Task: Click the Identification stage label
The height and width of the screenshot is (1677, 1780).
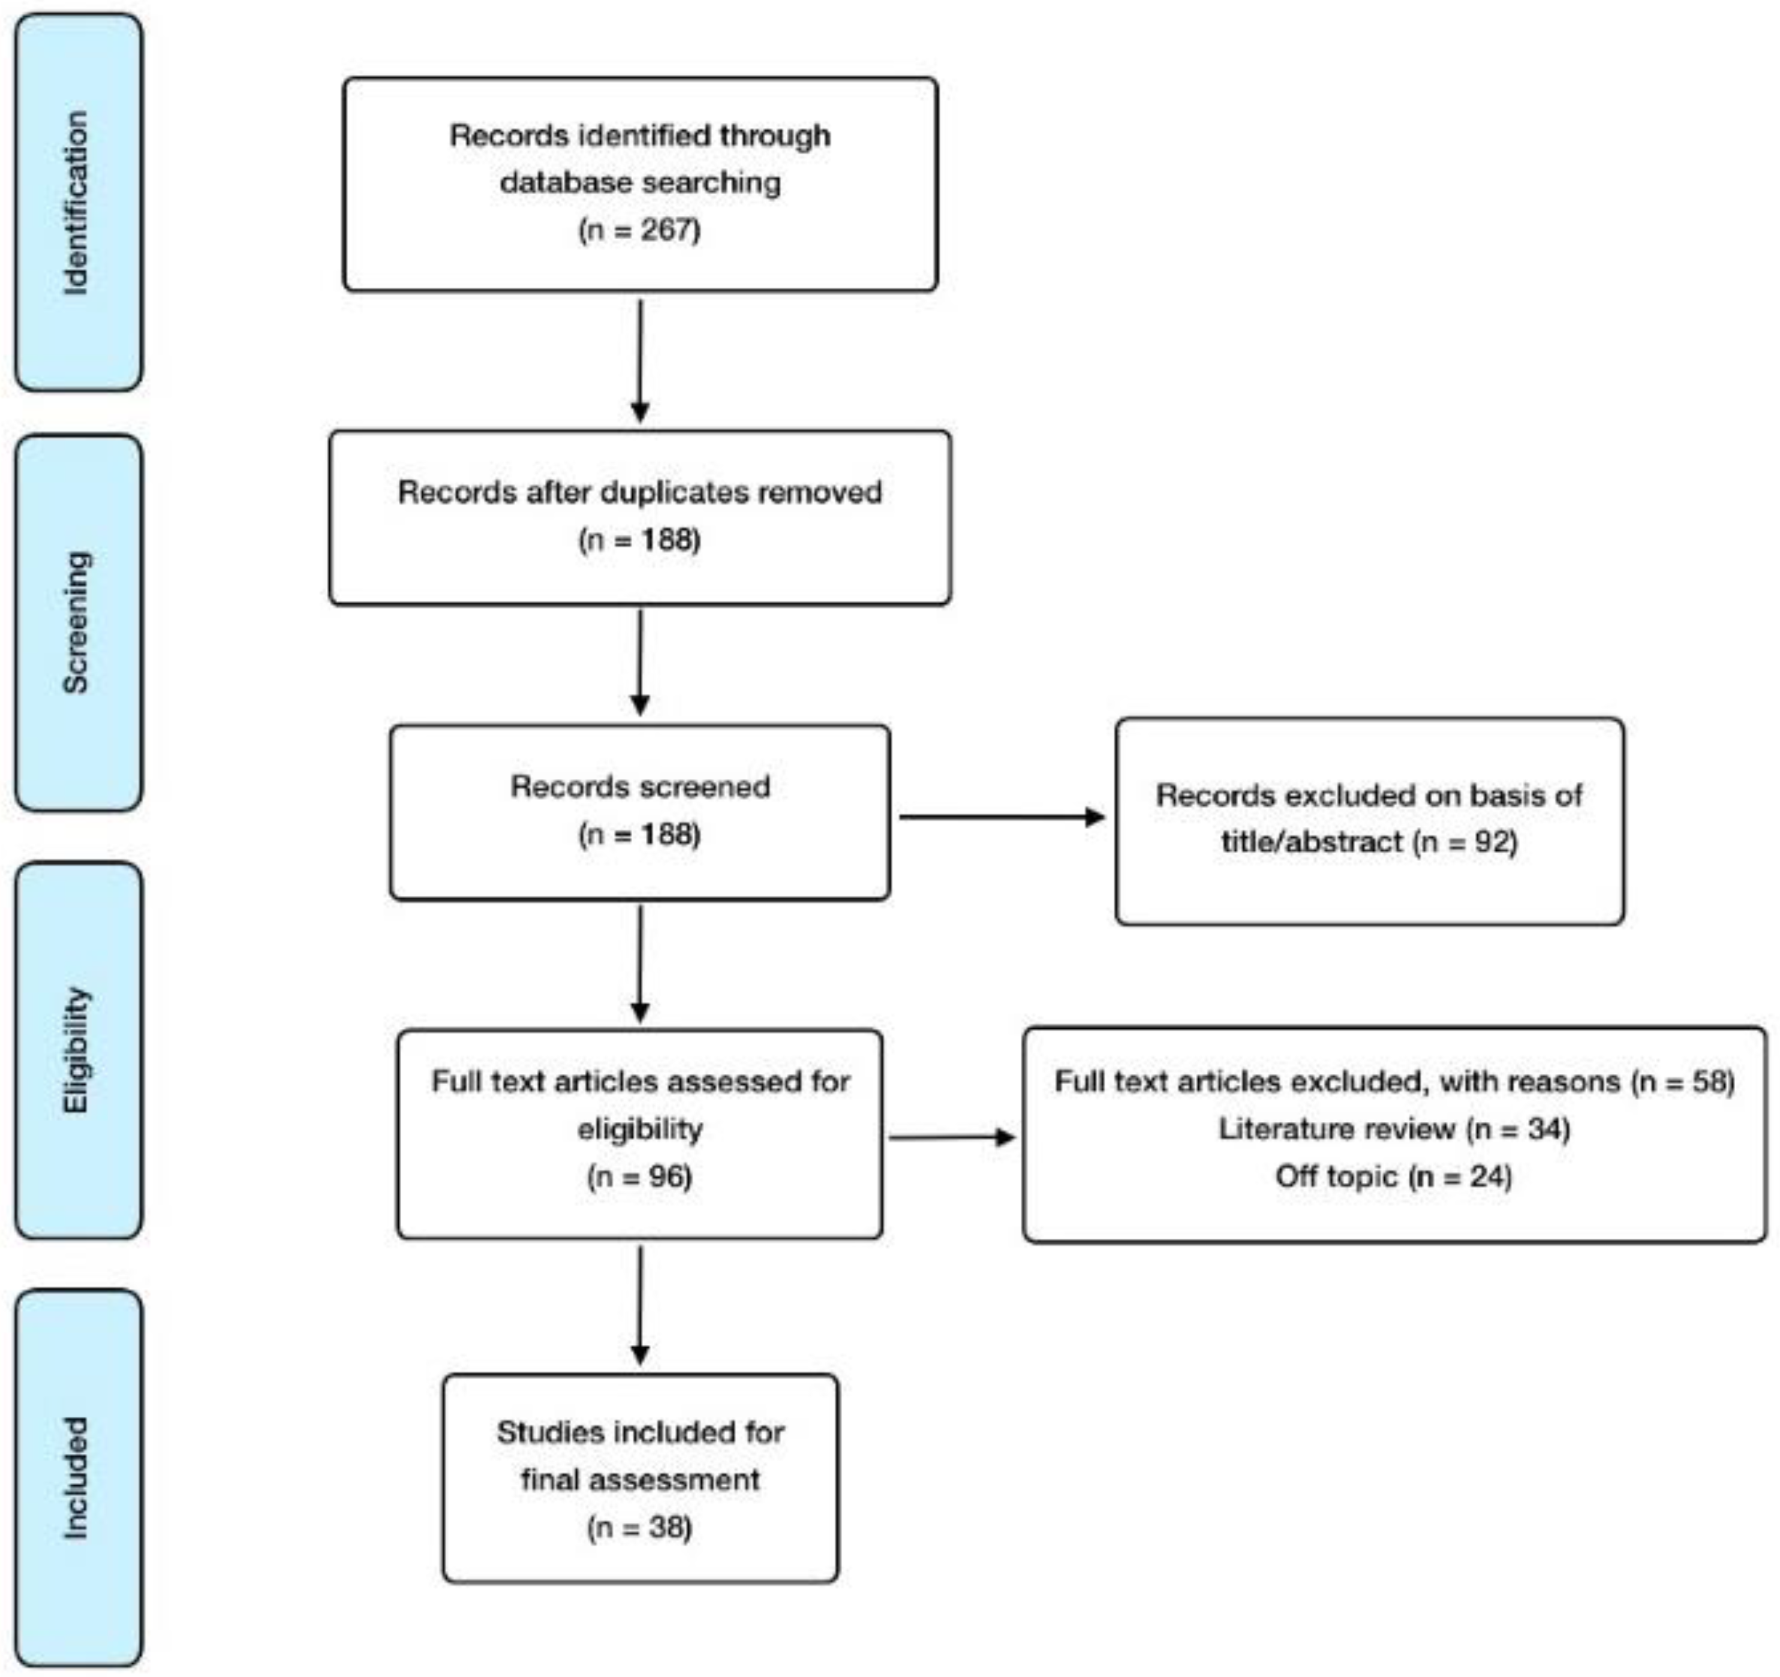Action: [x=77, y=202]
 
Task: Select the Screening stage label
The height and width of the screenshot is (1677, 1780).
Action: [x=77, y=622]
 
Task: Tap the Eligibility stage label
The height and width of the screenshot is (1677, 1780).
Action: [x=77, y=1050]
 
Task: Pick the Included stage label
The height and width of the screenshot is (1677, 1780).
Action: [x=77, y=1478]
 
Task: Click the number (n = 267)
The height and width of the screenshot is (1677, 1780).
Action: [x=639, y=230]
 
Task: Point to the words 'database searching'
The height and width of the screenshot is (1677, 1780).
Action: [x=639, y=183]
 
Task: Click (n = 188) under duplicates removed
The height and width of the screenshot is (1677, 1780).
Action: [x=639, y=540]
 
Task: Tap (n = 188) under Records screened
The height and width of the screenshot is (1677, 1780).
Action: [x=639, y=835]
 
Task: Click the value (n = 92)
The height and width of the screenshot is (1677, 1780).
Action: [x=1466, y=842]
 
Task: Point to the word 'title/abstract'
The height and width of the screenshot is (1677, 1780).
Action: [x=1312, y=842]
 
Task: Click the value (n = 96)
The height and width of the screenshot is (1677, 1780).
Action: [x=639, y=1176]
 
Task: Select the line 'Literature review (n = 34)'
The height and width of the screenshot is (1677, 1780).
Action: [x=1394, y=1129]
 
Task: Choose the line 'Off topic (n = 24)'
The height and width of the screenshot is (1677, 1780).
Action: [x=1394, y=1176]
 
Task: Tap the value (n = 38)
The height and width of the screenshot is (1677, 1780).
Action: [x=639, y=1527]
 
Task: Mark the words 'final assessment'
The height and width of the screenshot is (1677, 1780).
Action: [x=639, y=1479]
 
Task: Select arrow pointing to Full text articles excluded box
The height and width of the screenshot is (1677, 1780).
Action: [x=952, y=1138]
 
